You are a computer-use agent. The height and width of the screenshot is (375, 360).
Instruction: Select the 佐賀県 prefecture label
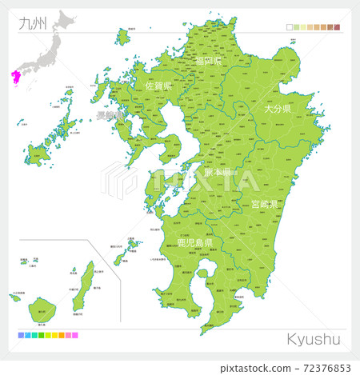coord(159,85)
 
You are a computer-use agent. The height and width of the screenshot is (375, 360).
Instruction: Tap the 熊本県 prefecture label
coord(215,172)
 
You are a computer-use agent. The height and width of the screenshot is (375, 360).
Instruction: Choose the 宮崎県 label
coord(263,205)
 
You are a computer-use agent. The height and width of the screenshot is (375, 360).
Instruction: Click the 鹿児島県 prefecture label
coord(183,241)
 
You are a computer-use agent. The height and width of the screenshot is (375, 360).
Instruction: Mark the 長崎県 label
coord(109,117)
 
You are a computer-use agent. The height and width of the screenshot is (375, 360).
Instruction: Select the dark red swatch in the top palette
coord(338,27)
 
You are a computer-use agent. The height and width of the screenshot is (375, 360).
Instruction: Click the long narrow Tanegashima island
coord(78,291)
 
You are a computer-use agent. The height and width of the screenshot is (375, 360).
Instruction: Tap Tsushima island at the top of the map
coord(122,37)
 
